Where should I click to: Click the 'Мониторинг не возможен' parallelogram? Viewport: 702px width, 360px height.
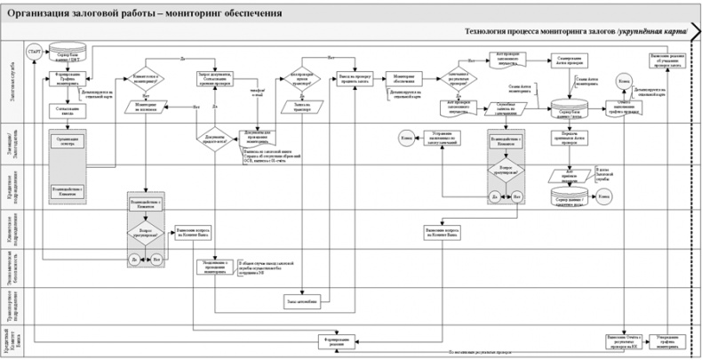click(146, 106)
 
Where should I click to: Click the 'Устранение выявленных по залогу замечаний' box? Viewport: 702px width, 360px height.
click(438, 139)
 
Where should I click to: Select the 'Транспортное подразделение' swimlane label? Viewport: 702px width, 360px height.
click(9, 302)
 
